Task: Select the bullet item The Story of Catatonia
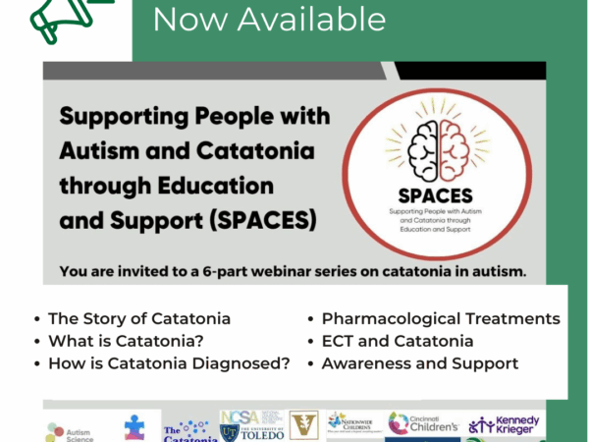point(138,318)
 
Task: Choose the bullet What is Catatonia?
point(125,341)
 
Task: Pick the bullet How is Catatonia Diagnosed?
point(169,363)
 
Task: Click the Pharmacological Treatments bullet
point(441,318)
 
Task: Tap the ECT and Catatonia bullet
point(398,341)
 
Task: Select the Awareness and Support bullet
point(411,363)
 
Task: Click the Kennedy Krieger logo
point(507,423)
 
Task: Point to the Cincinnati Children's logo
point(424,422)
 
